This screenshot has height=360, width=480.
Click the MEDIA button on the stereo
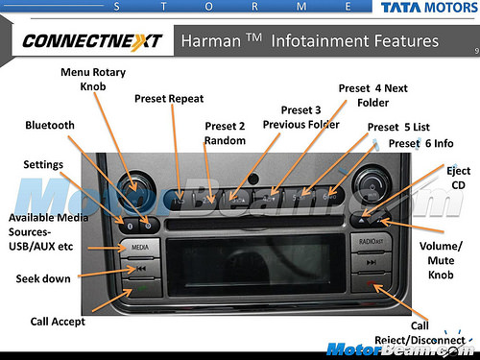point(138,248)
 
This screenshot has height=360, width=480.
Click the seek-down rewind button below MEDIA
point(138,269)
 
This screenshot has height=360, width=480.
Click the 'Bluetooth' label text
point(50,125)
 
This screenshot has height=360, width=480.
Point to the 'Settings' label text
point(44,164)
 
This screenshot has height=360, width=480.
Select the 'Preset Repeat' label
point(169,98)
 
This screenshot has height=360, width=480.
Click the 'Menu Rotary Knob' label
point(93,79)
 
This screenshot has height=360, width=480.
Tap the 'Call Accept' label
point(58,322)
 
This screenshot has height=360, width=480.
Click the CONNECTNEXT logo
point(91,41)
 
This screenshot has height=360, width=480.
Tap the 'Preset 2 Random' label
point(225,133)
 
